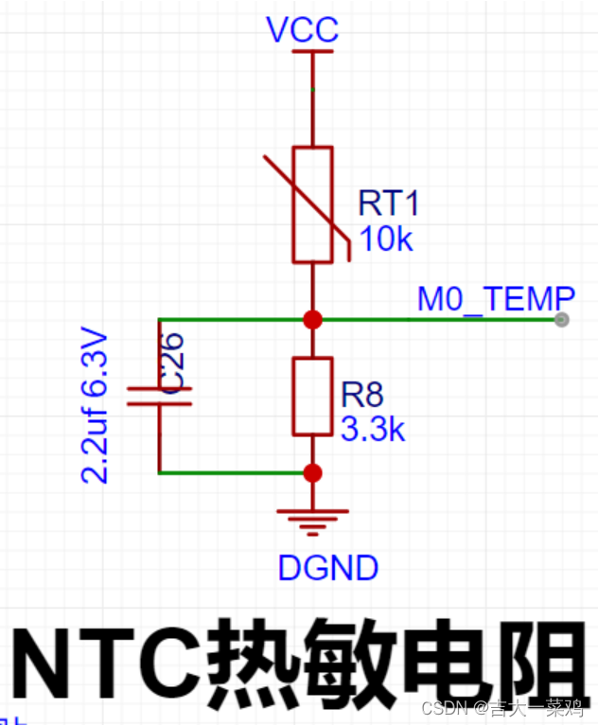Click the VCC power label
(302, 30)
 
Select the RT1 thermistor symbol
(312, 204)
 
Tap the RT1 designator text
(388, 204)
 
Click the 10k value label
(386, 239)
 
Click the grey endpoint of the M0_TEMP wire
(562, 320)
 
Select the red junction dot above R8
(312, 320)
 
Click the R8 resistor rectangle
(312, 396)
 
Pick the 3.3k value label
(372, 430)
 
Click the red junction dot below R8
(312, 472)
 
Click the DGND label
(328, 568)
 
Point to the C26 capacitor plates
(159, 396)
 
